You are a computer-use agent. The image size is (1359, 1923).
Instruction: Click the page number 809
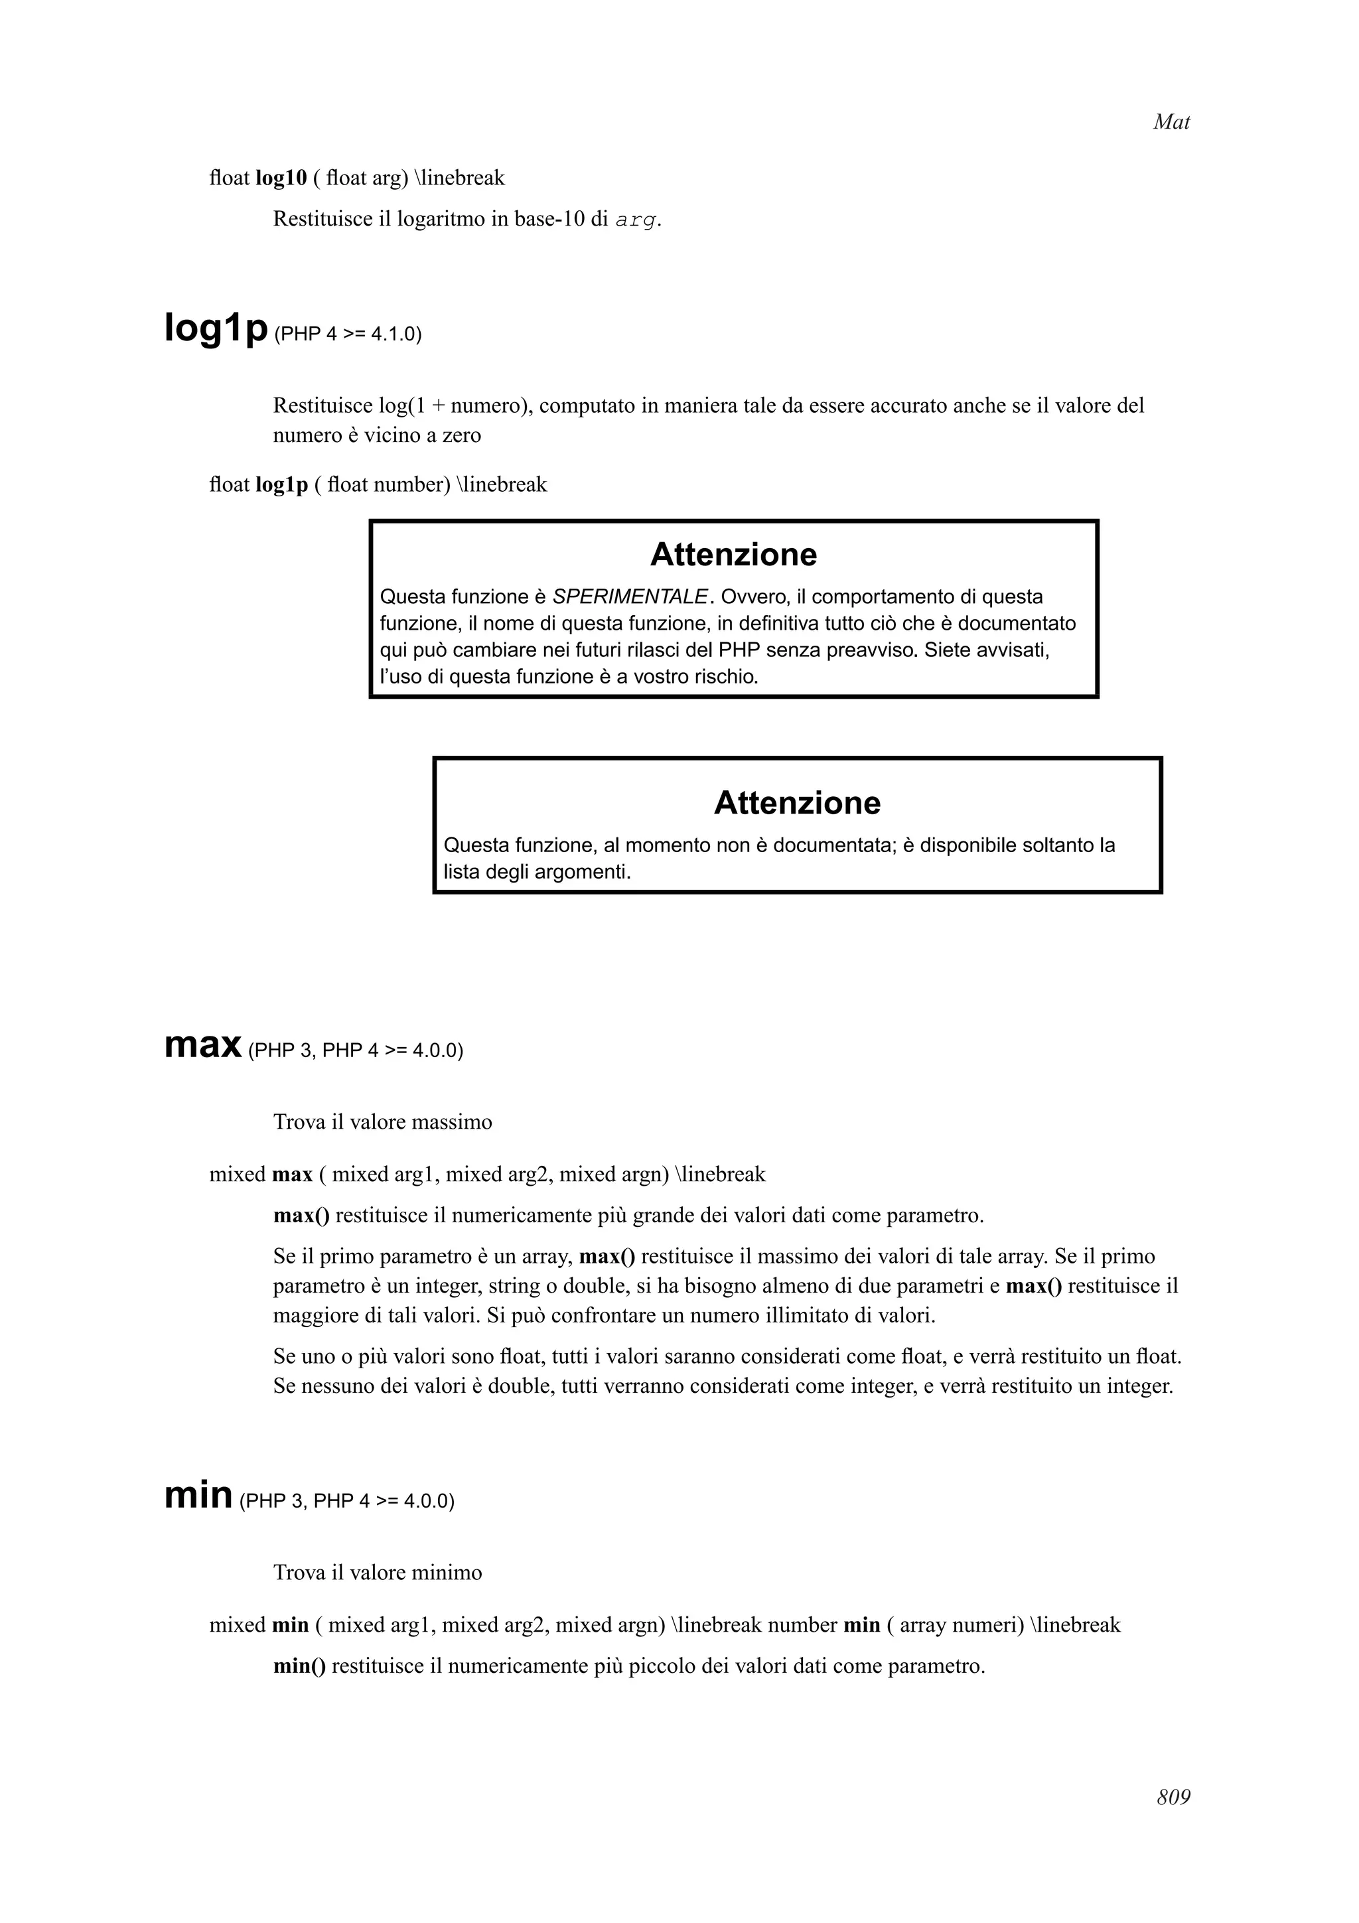[x=1173, y=1798]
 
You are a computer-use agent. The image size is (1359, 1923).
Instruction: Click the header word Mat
[x=1171, y=122]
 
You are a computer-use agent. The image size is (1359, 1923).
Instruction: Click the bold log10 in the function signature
[x=281, y=178]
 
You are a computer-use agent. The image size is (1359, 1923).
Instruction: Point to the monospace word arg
[x=636, y=220]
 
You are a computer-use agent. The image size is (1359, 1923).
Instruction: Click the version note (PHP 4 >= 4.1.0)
[x=348, y=334]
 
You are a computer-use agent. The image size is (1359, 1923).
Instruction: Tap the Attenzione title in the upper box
[x=733, y=555]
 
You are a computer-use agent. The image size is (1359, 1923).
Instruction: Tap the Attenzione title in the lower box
[x=796, y=802]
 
